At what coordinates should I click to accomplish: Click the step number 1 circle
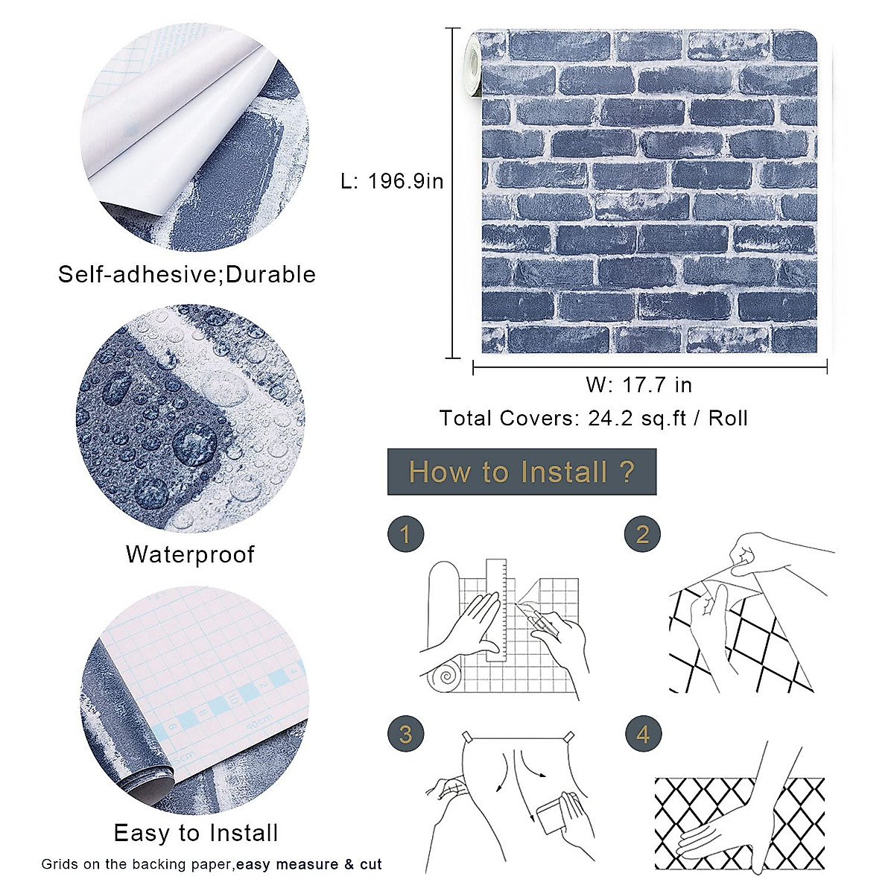pyautogui.click(x=405, y=535)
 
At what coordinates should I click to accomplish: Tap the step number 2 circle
pyautogui.click(x=642, y=535)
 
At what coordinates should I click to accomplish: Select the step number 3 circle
pyautogui.click(x=405, y=735)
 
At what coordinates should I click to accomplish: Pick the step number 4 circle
pyautogui.click(x=642, y=735)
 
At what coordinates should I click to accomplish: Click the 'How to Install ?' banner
pyautogui.click(x=521, y=472)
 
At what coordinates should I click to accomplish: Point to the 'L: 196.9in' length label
pyautogui.click(x=392, y=181)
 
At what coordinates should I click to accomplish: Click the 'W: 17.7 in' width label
pyautogui.click(x=638, y=384)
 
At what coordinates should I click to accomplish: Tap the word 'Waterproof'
pyautogui.click(x=190, y=554)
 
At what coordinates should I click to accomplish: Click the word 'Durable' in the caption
pyautogui.click(x=270, y=274)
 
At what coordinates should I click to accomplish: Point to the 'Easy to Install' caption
pyautogui.click(x=196, y=833)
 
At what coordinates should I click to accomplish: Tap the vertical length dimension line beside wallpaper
pyautogui.click(x=453, y=194)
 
